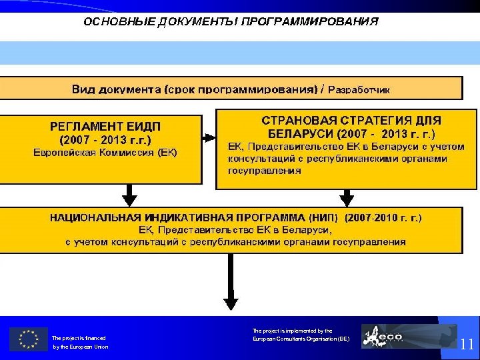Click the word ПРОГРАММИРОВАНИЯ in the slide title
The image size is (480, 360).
309,21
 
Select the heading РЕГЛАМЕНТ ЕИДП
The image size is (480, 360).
105,127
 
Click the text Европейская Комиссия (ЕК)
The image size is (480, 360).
105,153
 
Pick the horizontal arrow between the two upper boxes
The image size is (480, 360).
209,137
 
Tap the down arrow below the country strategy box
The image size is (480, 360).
347,196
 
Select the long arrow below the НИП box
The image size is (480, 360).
230,280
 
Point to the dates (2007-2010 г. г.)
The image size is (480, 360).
383,217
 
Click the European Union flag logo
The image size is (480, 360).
29,339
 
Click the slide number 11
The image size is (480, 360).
467,344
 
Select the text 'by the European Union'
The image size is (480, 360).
80,347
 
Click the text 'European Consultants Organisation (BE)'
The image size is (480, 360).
301,339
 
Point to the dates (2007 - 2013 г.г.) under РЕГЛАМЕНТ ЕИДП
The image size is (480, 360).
105,140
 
